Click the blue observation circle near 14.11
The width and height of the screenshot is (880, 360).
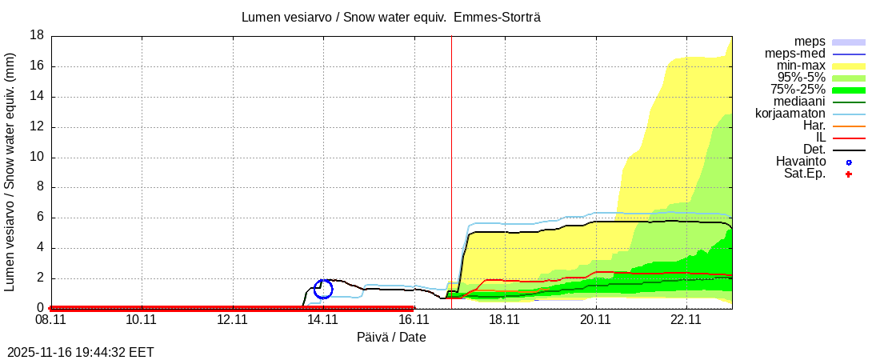(x=323, y=289)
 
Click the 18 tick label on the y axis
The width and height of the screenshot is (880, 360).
(x=37, y=35)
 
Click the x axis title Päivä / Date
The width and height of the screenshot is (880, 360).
(x=391, y=338)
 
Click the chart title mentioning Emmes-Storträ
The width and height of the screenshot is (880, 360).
(x=391, y=17)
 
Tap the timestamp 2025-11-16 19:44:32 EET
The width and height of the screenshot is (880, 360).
(x=81, y=352)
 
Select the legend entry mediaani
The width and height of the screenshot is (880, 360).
(x=800, y=102)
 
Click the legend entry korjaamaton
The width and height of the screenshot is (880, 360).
(x=790, y=114)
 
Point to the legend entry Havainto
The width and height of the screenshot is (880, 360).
(x=801, y=162)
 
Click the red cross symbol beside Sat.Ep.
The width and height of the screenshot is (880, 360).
(x=849, y=174)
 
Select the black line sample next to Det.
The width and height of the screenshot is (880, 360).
(x=849, y=150)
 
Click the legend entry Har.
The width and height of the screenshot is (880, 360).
(x=814, y=126)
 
